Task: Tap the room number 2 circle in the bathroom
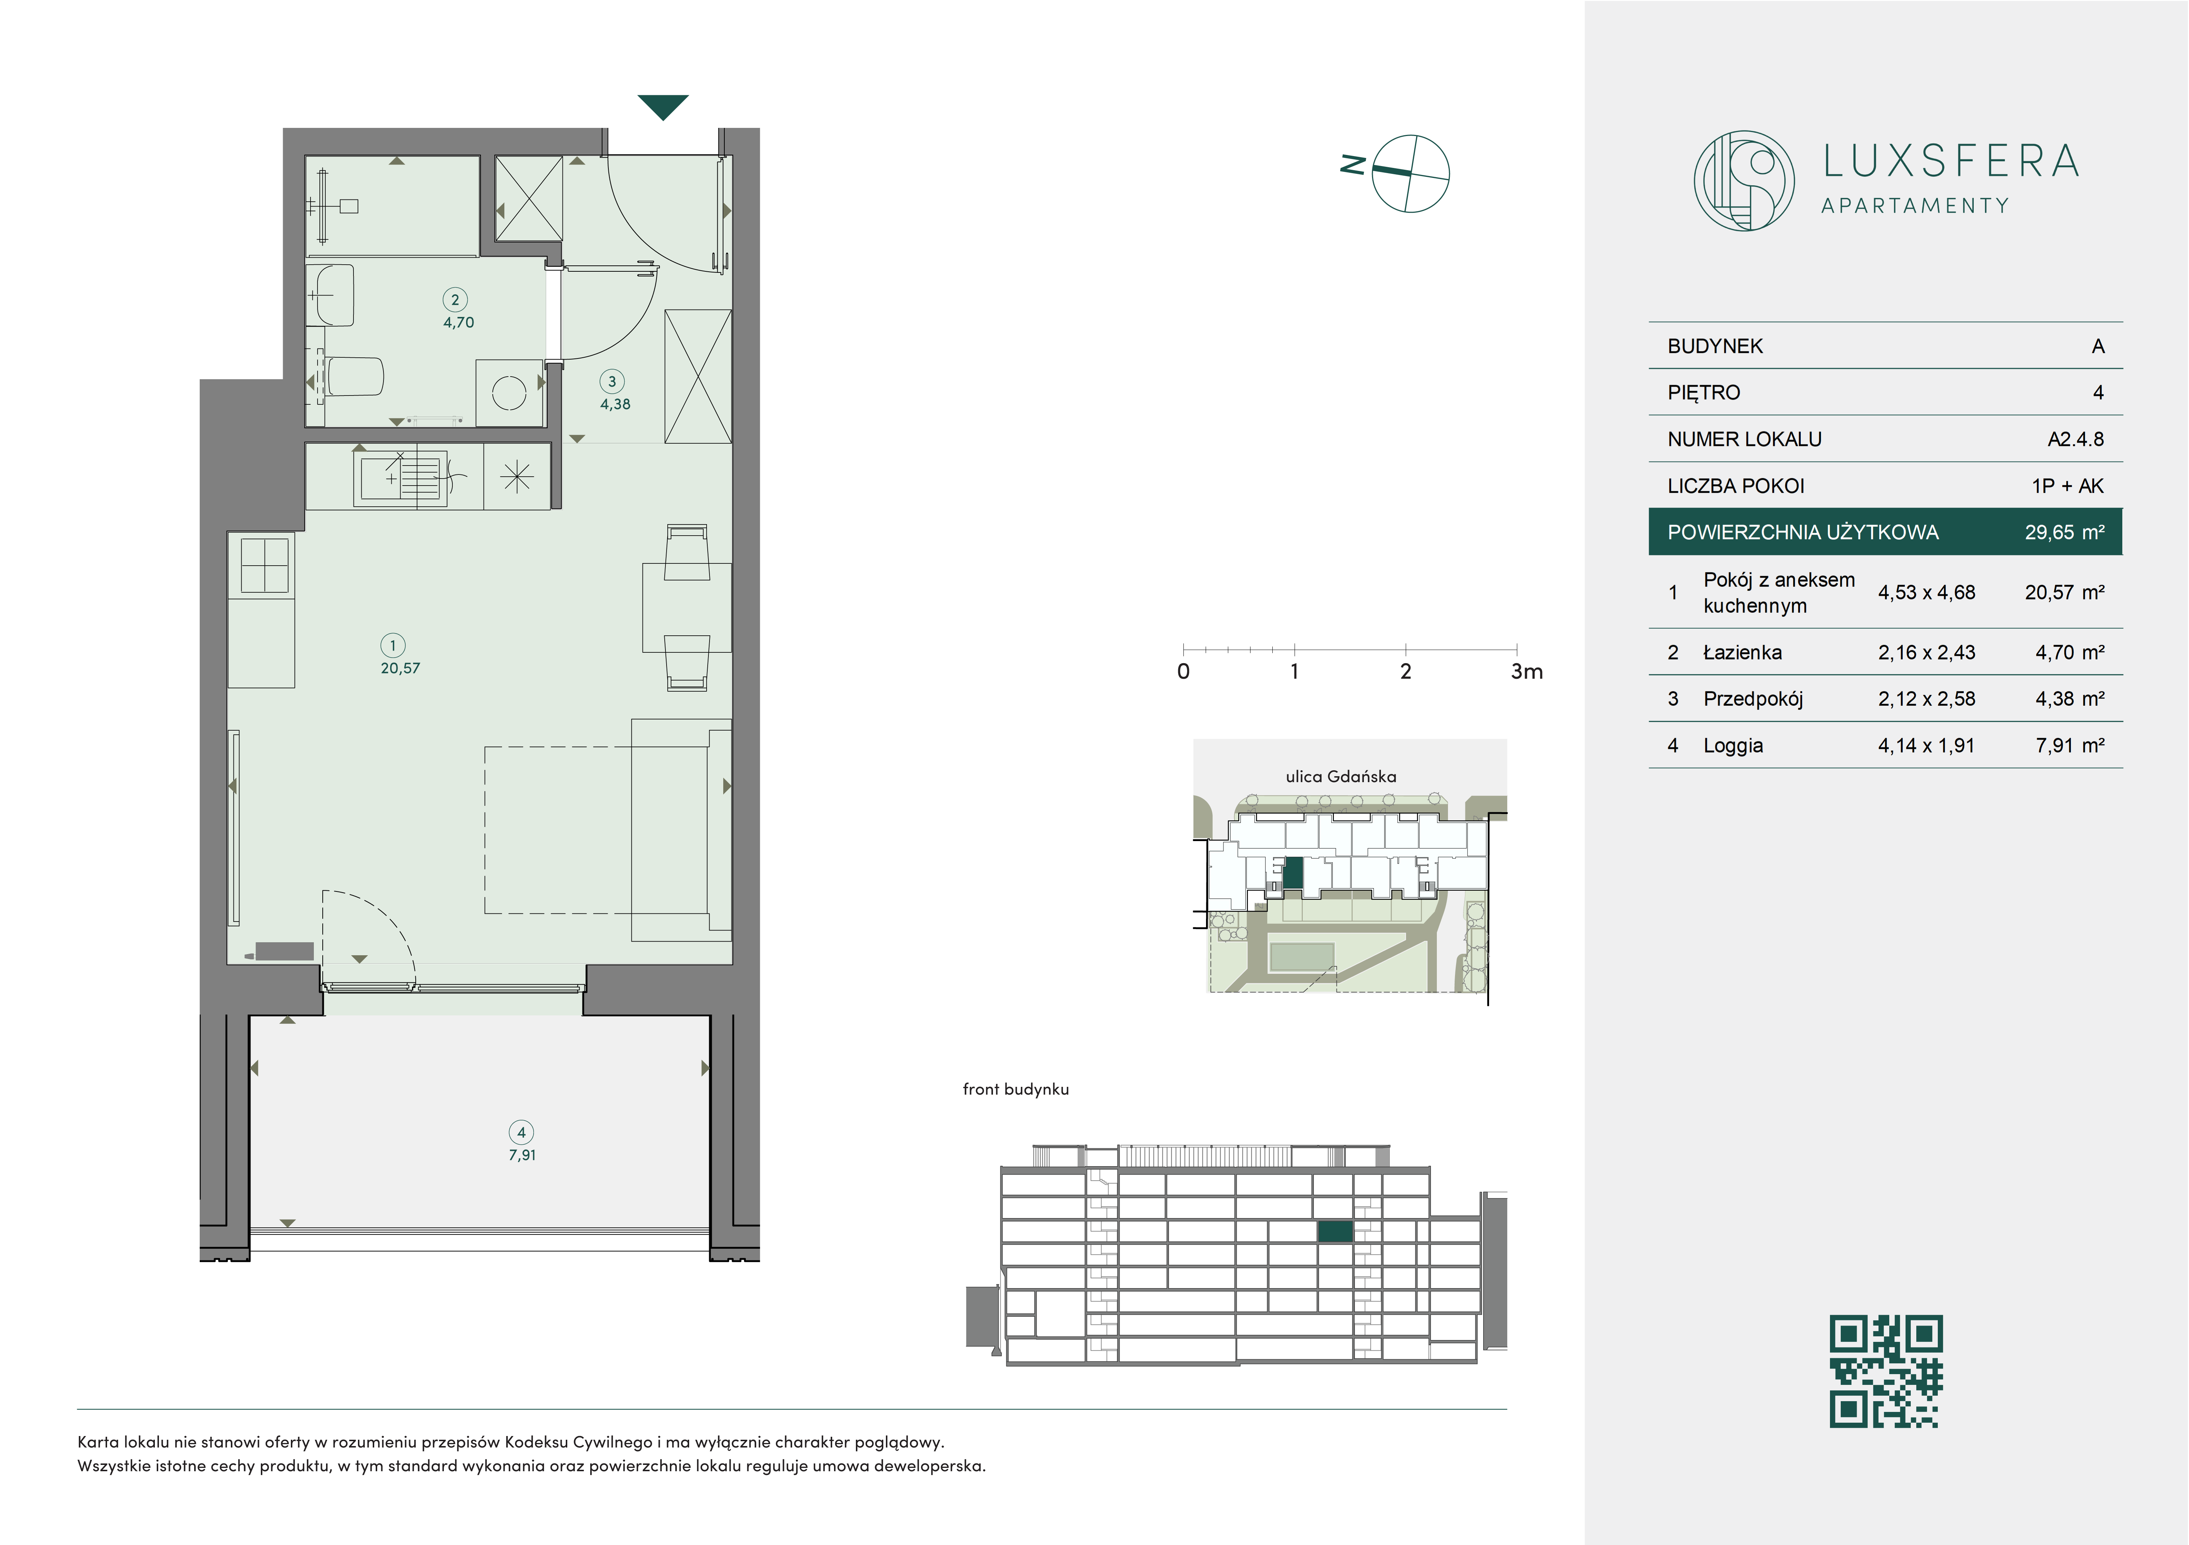point(455,300)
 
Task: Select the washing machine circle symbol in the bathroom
point(509,392)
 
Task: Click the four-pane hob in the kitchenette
point(265,566)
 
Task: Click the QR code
point(1886,1370)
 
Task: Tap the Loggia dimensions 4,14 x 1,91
point(1926,746)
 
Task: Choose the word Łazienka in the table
point(1742,652)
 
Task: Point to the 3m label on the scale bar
point(1527,671)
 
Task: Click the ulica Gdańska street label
point(1341,776)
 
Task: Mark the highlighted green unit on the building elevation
point(1335,1231)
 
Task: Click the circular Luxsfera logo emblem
point(1744,180)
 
